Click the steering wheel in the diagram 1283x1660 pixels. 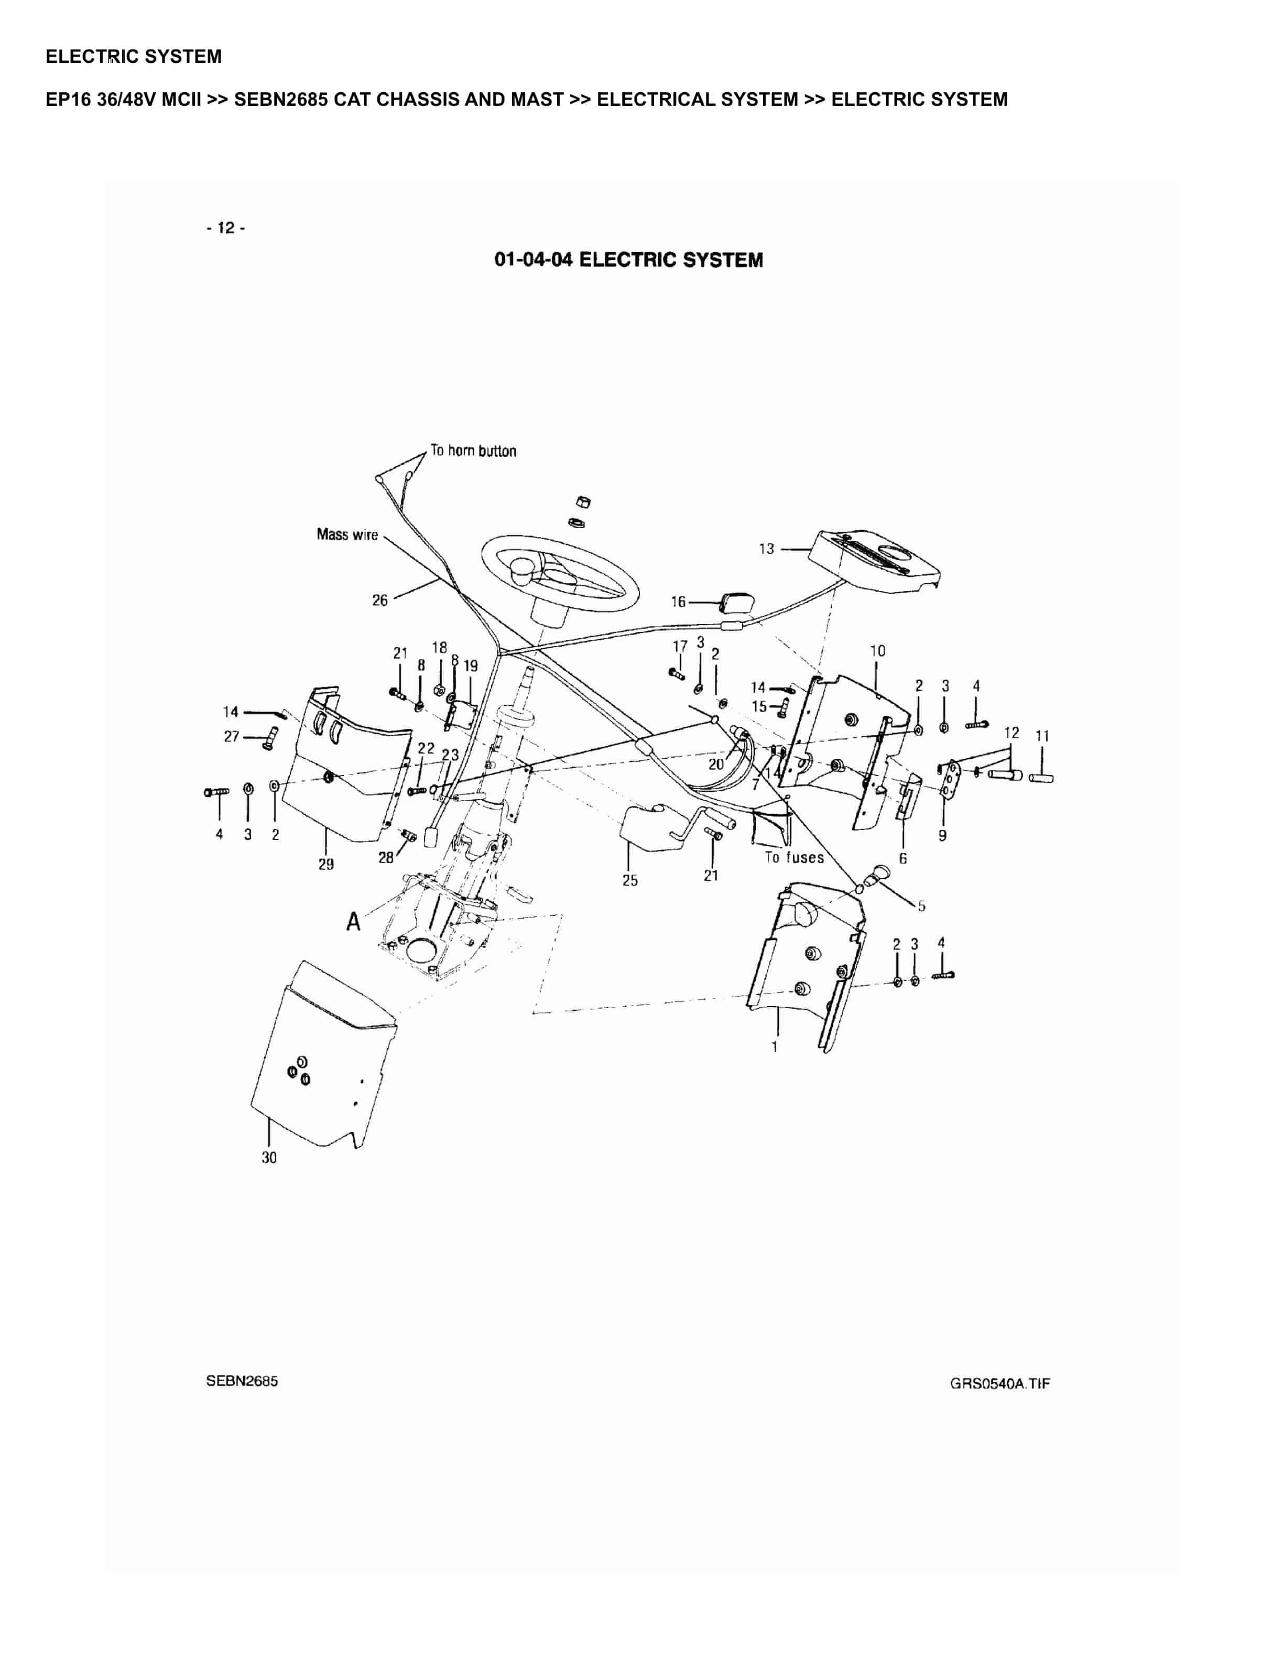click(559, 574)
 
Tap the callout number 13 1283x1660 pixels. click(766, 548)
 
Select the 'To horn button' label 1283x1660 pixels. click(473, 451)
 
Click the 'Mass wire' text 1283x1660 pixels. click(346, 534)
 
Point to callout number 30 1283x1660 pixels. click(269, 1157)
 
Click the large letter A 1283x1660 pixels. click(353, 922)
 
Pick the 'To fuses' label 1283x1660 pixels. click(793, 857)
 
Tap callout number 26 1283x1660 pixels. click(379, 600)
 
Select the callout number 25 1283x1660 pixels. click(630, 880)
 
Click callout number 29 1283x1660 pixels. click(326, 864)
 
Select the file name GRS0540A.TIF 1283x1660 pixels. click(999, 1383)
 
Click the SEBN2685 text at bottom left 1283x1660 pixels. click(242, 1381)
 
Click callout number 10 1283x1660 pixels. click(877, 651)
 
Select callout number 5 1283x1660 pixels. click(921, 906)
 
